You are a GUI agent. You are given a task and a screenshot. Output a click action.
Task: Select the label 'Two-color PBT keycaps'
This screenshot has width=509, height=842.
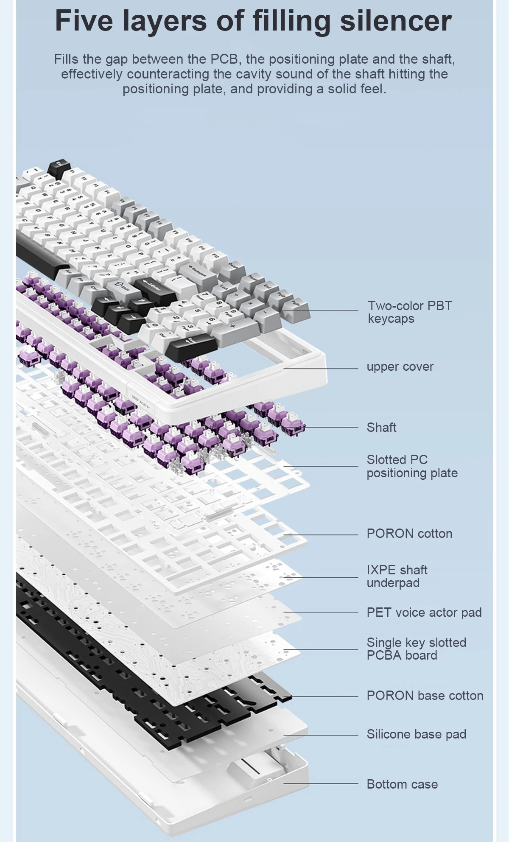tap(410, 312)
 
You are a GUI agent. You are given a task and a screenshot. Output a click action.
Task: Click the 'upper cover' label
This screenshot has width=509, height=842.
tap(400, 366)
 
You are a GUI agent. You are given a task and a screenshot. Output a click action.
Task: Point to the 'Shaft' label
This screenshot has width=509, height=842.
tap(381, 427)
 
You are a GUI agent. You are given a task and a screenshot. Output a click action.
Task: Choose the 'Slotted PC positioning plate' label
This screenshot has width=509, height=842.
tap(412, 466)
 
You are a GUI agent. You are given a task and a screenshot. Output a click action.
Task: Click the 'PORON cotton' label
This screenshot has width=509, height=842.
tap(409, 533)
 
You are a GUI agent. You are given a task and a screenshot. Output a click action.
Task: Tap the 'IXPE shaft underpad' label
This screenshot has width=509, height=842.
tap(397, 576)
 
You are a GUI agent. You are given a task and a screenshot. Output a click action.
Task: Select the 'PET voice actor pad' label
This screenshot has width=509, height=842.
tap(424, 612)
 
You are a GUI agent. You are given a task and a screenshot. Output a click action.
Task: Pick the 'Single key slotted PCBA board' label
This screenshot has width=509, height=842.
tap(416, 649)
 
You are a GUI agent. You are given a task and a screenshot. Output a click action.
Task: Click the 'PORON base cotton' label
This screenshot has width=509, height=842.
tap(425, 695)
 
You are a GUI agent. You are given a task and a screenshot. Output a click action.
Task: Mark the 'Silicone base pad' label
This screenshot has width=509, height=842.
tap(416, 734)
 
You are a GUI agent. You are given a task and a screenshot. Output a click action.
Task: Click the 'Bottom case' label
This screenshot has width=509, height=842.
tap(402, 784)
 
